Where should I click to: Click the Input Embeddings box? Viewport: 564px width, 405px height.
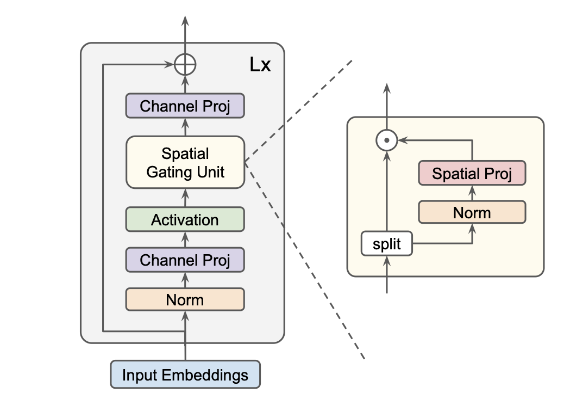[x=185, y=375]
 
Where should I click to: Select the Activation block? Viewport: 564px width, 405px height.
[x=185, y=220]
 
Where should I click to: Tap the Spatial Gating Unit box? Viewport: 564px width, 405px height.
[x=185, y=162]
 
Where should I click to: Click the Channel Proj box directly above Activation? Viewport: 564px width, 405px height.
[x=185, y=106]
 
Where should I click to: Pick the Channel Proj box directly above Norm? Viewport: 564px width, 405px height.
[x=185, y=260]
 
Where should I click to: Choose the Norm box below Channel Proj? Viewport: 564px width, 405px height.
[x=185, y=299]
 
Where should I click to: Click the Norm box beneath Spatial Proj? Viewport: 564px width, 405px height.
[x=472, y=212]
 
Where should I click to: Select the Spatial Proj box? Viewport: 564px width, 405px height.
[x=472, y=174]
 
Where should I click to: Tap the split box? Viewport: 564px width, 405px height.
[x=386, y=244]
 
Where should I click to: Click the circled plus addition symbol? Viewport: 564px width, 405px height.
[x=185, y=65]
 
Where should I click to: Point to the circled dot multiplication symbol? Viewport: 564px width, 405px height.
[x=386, y=140]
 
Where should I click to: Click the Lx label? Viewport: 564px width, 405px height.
[x=260, y=66]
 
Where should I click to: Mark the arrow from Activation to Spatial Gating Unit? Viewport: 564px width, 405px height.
[x=185, y=197]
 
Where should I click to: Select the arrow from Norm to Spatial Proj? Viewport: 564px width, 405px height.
[x=472, y=193]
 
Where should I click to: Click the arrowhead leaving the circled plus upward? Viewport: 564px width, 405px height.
[x=185, y=22]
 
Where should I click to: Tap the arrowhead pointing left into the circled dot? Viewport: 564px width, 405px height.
[x=401, y=140]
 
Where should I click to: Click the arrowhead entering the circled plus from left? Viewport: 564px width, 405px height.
[x=170, y=65]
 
